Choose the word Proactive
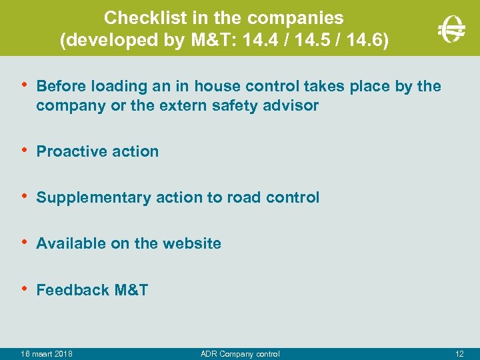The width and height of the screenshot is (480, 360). click(x=69, y=151)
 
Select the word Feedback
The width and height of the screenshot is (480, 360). click(x=73, y=290)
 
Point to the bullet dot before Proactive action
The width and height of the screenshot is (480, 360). click(x=25, y=150)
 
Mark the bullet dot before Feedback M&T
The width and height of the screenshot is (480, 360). click(x=25, y=289)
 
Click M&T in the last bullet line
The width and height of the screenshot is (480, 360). click(x=131, y=290)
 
